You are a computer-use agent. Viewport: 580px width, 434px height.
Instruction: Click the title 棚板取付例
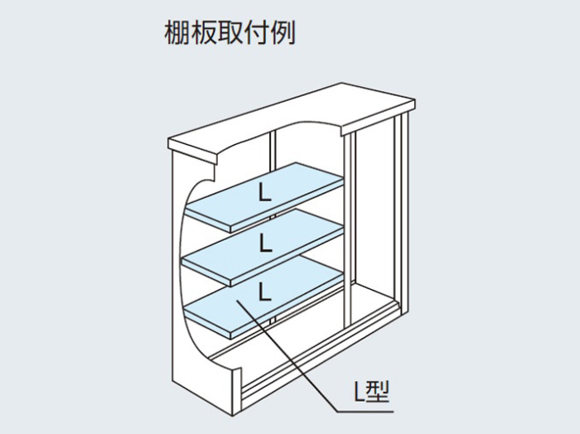(x=230, y=32)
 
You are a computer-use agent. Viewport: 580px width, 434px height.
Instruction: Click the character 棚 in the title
(x=176, y=32)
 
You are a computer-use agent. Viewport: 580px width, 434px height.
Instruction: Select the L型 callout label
(x=372, y=392)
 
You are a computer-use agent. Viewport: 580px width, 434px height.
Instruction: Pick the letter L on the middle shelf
(x=266, y=243)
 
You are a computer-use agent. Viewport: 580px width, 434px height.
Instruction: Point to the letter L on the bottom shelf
(x=266, y=291)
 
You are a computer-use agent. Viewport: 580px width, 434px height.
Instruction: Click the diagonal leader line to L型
(x=287, y=355)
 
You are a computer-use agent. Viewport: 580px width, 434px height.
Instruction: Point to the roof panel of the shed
(x=292, y=118)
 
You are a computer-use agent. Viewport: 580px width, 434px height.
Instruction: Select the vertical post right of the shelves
(x=349, y=230)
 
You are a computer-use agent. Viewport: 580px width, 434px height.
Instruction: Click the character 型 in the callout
(x=377, y=392)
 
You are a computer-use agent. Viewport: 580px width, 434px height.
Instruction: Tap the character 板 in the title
(x=204, y=32)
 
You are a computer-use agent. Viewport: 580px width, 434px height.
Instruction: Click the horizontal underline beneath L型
(x=365, y=412)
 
